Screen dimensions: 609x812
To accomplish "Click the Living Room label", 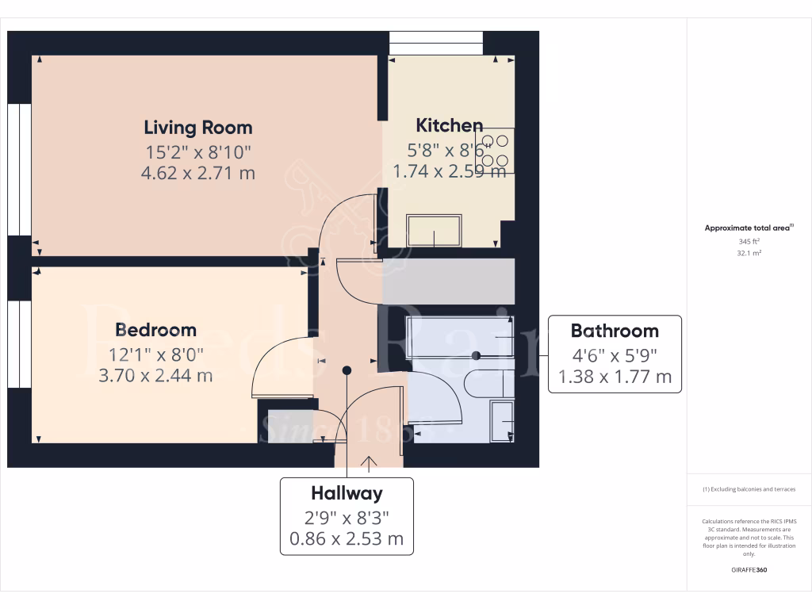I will [198, 127].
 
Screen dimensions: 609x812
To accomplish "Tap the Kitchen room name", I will [450, 124].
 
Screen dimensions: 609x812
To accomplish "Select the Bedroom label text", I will [155, 329].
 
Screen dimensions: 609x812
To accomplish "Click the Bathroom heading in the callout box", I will [615, 331].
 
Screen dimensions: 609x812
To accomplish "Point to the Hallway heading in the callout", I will [347, 493].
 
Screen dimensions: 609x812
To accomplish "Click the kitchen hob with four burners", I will [494, 151].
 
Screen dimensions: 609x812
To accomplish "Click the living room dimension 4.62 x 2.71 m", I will [198, 172].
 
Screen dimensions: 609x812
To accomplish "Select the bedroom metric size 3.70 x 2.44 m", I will [155, 375].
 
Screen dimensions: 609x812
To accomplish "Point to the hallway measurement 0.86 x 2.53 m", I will [347, 540].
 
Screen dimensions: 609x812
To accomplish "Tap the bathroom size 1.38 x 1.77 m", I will [615, 377].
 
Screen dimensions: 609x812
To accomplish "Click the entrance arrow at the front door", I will [369, 462].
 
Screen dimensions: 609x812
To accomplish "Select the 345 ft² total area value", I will [749, 240].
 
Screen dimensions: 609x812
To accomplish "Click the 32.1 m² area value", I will [749, 253].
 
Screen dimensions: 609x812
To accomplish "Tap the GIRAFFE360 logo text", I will [749, 570].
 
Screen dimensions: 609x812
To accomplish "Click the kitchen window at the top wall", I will [435, 43].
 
